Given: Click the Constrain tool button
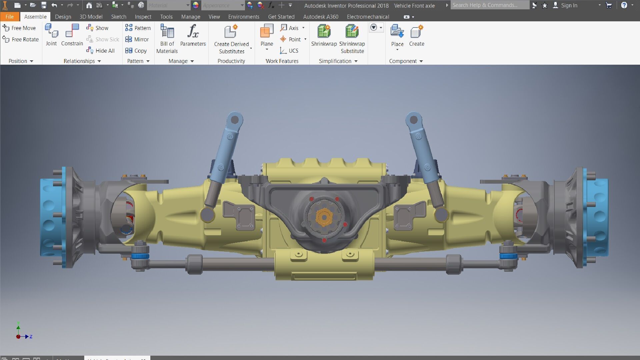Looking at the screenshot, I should point(72,35).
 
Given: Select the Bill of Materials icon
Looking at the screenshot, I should point(167,32).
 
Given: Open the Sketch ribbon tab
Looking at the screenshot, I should point(118,17).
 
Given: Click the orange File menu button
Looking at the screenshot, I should point(9,17).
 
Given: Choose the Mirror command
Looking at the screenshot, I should point(137,39).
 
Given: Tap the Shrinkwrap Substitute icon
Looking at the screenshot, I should point(352,32).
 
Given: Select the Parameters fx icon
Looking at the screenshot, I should point(193,32).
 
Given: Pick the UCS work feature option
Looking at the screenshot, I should point(289,51).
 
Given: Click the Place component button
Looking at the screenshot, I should point(397,32).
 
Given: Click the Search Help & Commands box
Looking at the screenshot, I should point(489,5).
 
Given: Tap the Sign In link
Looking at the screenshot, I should point(569,5).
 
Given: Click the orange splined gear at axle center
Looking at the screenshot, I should point(324,217).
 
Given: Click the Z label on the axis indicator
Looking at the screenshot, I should point(31,337).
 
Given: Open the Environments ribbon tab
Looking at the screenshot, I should point(243,17).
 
